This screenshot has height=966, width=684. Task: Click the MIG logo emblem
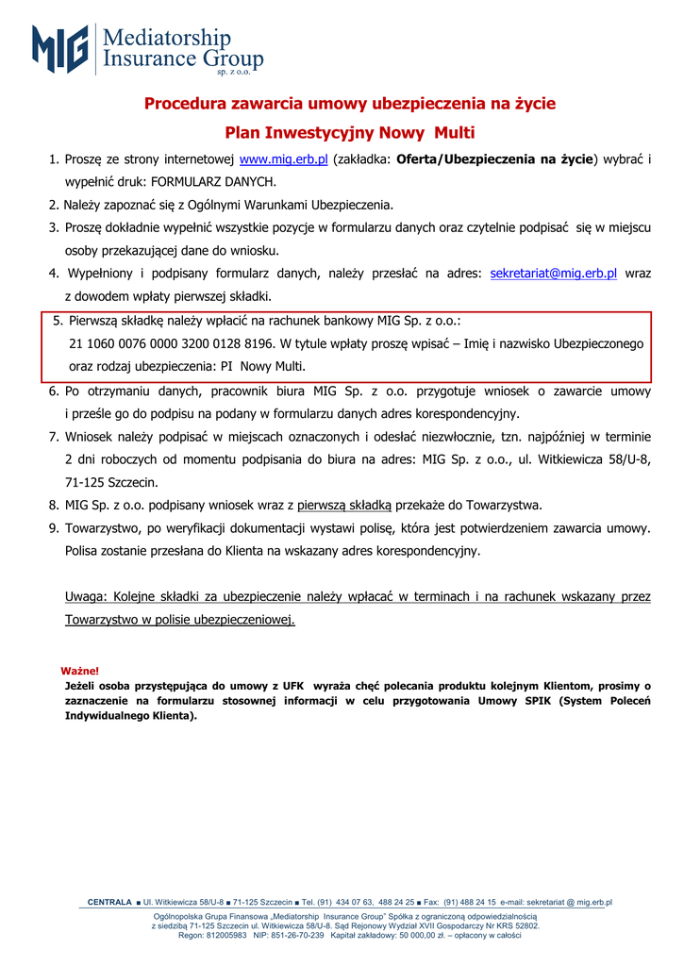(60, 49)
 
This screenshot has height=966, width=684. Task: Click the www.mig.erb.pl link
(284, 159)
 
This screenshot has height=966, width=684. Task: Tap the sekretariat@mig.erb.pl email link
(554, 274)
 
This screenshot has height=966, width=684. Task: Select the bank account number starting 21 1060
(173, 343)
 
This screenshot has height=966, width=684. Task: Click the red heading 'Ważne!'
(80, 671)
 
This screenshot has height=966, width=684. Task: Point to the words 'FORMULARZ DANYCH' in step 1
(212, 182)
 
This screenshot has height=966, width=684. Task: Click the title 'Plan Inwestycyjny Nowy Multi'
(350, 132)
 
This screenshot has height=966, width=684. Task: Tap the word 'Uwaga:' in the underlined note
(86, 596)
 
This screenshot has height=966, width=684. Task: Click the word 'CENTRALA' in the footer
(109, 903)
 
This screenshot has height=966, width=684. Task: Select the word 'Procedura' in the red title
(185, 103)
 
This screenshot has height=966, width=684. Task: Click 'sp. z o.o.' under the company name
(233, 72)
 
